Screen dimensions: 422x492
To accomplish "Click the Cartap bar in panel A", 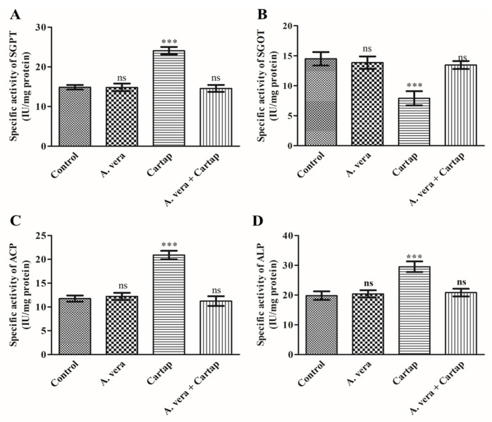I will [x=170, y=99].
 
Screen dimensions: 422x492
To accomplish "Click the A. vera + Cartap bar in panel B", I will [x=460, y=106].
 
